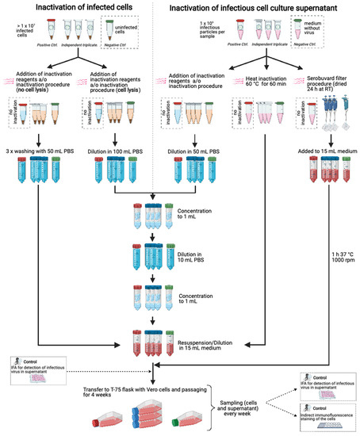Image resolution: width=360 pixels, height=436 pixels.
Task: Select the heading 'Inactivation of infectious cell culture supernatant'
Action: coord(266,8)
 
